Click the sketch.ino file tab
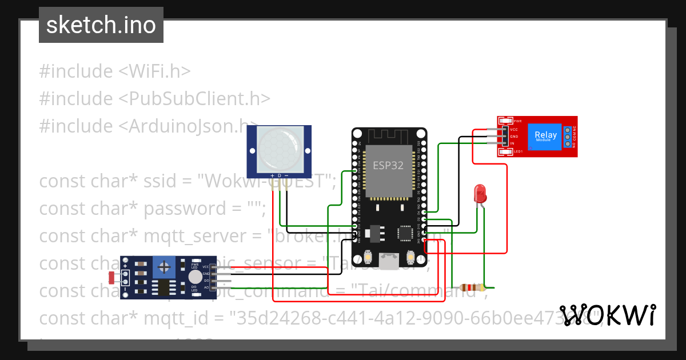point(101,25)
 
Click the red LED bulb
point(480,194)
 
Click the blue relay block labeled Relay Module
point(545,137)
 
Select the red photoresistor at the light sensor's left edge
point(111,278)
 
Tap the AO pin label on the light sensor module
point(206,288)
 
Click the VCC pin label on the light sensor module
point(205,267)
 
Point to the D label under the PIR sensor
point(279,175)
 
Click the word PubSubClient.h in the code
point(194,98)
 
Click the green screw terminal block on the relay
point(568,137)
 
